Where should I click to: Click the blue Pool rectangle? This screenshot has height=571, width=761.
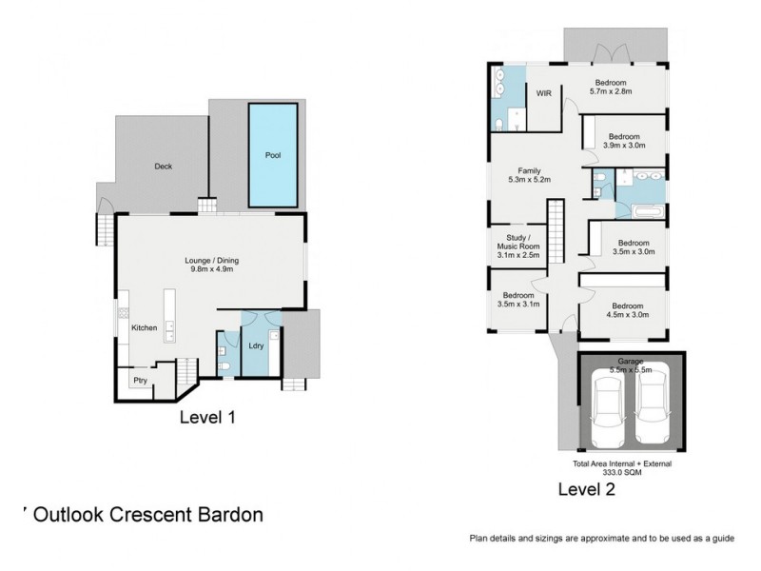(273, 154)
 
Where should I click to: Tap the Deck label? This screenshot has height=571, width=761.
(163, 167)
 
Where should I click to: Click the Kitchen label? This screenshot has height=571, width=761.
(145, 327)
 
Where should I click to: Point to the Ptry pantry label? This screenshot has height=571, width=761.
(140, 379)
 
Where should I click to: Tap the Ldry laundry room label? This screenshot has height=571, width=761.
(255, 346)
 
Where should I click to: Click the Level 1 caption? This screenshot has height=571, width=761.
(207, 417)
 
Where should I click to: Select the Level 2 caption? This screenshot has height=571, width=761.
(585, 490)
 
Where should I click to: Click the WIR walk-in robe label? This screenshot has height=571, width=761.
(544, 93)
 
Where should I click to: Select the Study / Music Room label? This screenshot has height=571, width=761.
(518, 247)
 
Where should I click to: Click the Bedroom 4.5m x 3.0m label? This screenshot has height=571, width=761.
(627, 310)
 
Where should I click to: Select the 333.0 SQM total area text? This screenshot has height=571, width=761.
(622, 471)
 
